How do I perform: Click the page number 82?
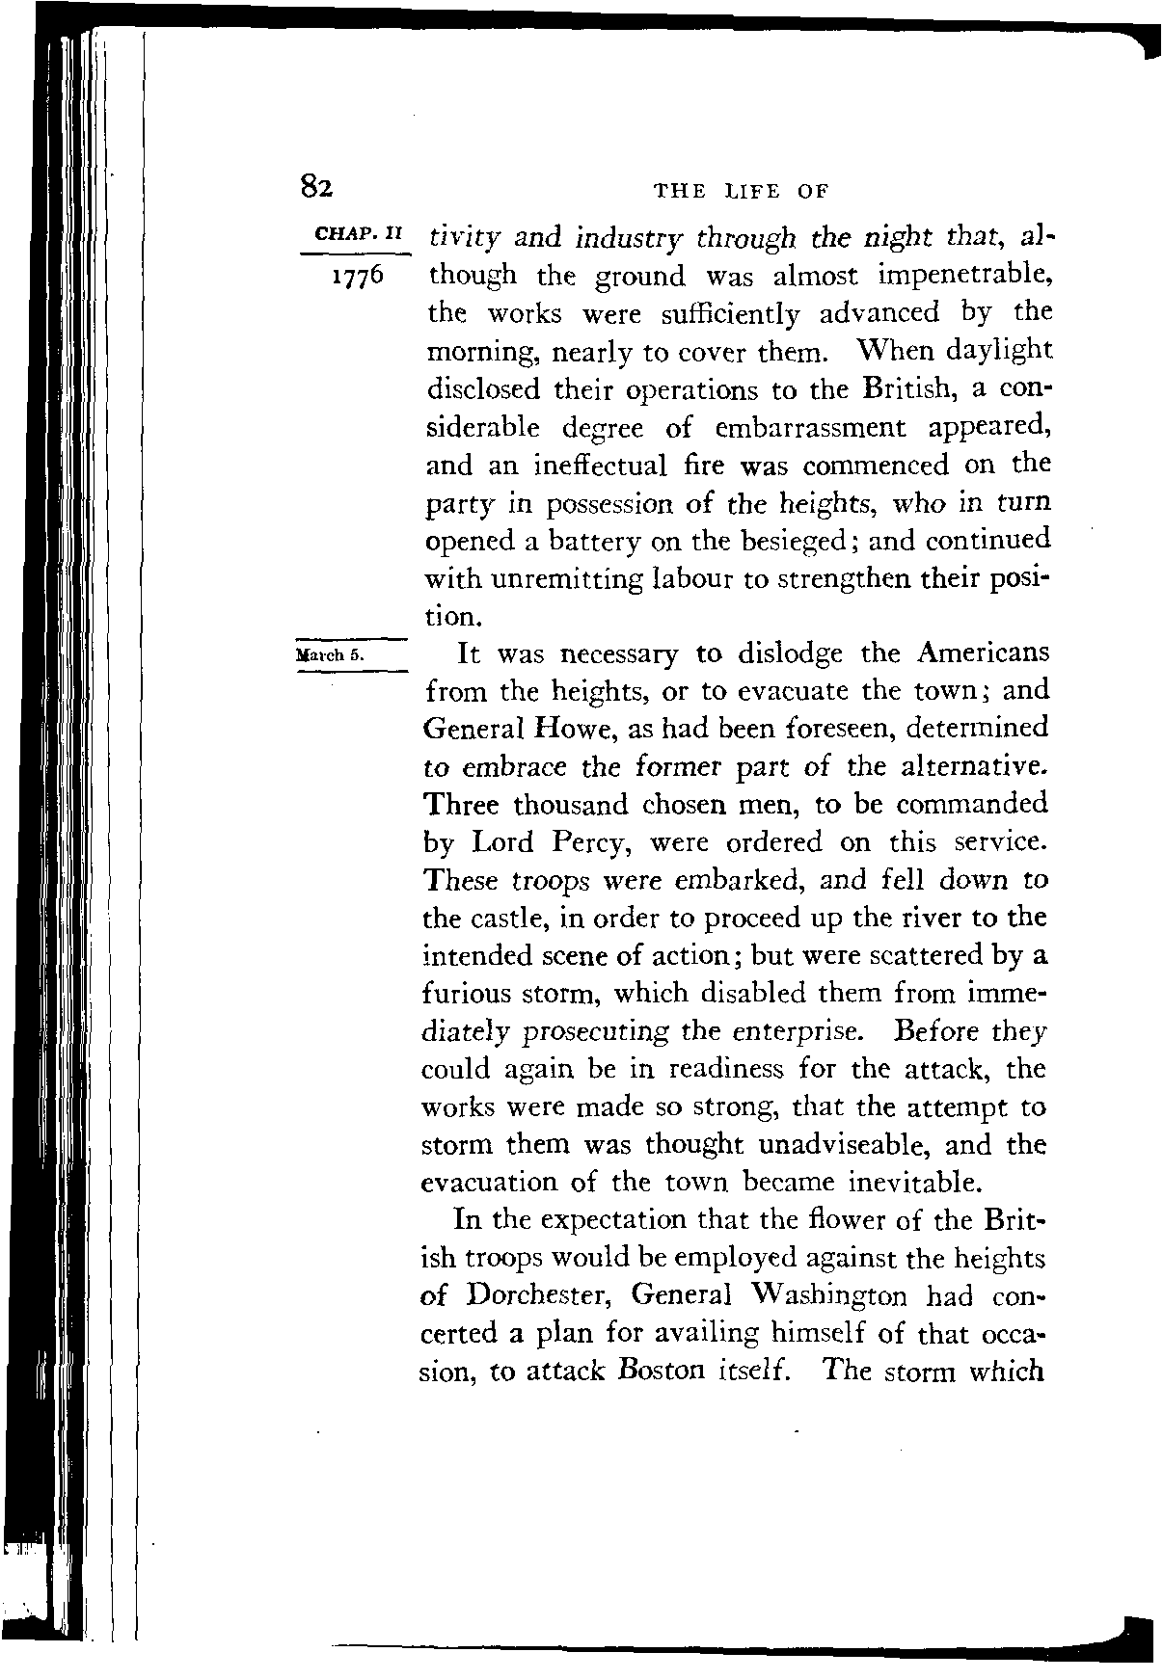tap(315, 185)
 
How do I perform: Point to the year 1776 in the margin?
tap(357, 276)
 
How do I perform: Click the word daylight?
tap(998, 351)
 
